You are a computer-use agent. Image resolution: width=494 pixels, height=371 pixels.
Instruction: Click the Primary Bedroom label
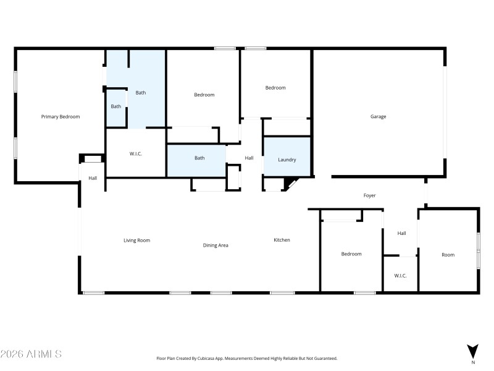(x=61, y=116)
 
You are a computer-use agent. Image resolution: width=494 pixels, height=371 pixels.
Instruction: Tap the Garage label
(x=378, y=116)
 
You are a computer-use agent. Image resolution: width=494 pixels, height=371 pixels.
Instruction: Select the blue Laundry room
(x=287, y=157)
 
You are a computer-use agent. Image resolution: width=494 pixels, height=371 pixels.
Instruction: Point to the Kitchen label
(x=282, y=240)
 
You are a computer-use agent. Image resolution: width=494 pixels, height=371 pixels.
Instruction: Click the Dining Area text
(x=216, y=245)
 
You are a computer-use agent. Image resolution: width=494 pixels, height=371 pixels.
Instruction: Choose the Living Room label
(x=136, y=241)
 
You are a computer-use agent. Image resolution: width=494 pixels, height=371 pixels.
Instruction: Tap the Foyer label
(x=369, y=195)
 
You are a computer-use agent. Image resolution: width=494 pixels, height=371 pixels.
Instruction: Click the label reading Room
(x=448, y=255)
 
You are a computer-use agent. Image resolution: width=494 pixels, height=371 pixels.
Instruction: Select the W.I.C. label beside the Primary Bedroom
(x=136, y=153)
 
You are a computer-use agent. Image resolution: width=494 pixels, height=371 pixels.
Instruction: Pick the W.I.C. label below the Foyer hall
(x=400, y=276)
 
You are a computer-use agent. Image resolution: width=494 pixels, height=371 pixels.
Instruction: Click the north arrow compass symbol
(x=473, y=351)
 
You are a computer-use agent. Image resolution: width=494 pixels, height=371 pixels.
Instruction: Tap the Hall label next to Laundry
(x=249, y=158)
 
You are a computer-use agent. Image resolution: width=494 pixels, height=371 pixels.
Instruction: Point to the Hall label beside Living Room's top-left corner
(x=93, y=178)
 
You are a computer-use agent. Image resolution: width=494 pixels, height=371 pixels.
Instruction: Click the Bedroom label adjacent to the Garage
(x=275, y=88)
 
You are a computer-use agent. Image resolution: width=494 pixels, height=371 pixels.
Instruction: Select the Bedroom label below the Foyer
(x=351, y=254)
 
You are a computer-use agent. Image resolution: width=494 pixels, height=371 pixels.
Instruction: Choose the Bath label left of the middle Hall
(x=199, y=158)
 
